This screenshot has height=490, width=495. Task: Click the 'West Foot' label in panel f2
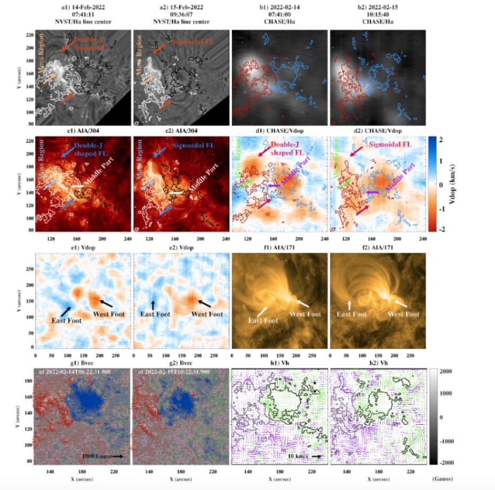tap(403, 314)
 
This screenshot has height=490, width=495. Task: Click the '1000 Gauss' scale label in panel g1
tap(96, 456)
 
